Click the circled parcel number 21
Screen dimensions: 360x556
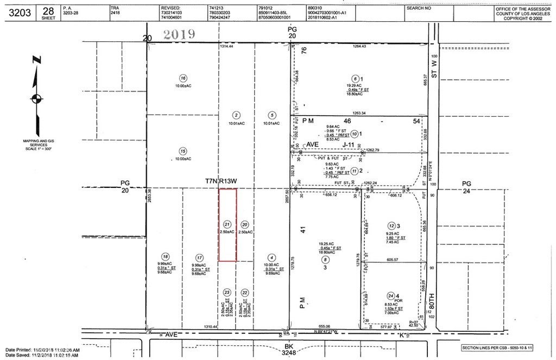click(228, 224)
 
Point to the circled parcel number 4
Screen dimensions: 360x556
click(271, 258)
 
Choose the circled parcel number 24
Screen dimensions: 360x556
click(390, 295)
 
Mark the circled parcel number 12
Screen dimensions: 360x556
click(390, 225)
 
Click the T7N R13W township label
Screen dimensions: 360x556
click(222, 180)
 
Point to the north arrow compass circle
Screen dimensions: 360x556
click(36, 98)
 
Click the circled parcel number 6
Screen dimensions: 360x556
click(356, 78)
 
